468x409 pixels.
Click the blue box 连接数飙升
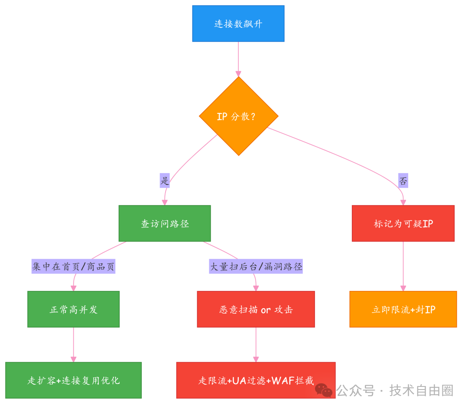click(x=238, y=23)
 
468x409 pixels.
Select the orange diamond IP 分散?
click(x=238, y=116)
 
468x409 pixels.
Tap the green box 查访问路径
click(x=165, y=223)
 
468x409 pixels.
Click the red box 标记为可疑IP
click(x=403, y=223)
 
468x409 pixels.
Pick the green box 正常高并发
click(x=73, y=309)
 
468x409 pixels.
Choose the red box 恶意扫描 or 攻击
click(x=256, y=309)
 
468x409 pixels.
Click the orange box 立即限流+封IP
click(x=403, y=309)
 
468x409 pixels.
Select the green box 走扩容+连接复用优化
click(x=73, y=380)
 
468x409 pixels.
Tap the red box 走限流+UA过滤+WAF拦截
click(x=256, y=380)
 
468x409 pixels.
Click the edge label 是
click(x=165, y=181)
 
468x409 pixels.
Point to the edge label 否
click(x=403, y=181)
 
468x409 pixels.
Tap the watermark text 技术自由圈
click(x=421, y=390)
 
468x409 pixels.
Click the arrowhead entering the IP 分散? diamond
click(x=238, y=73)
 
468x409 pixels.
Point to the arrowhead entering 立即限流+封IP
click(x=403, y=288)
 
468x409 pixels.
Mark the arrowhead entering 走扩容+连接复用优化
click(x=73, y=359)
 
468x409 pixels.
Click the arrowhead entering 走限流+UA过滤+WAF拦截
click(x=256, y=359)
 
